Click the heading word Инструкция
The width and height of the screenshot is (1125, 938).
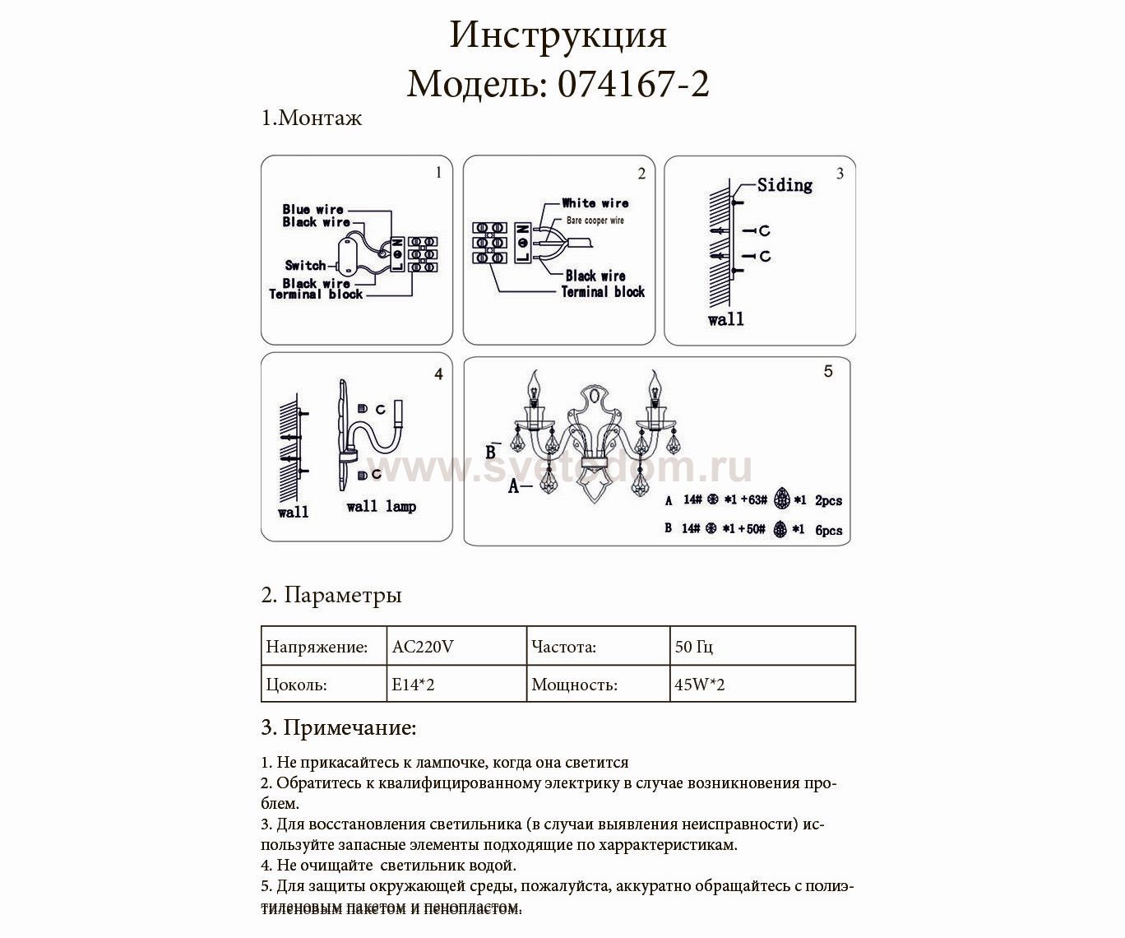pos(558,36)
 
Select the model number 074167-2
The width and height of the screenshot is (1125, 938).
pos(633,84)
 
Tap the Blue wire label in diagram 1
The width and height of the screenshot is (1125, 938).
pos(312,209)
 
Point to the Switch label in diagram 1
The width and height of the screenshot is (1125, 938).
pos(305,265)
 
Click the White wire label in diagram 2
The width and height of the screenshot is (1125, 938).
pos(595,203)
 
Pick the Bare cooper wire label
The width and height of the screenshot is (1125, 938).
pos(595,221)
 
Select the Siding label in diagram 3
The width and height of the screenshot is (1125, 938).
pos(785,185)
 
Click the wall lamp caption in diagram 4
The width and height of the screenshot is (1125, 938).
pos(381,506)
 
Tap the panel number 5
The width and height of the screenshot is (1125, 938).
pos(828,372)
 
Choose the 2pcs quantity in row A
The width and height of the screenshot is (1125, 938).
pos(828,500)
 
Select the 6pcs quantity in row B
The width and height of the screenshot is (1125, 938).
pos(828,531)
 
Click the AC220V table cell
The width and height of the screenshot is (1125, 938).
pos(423,647)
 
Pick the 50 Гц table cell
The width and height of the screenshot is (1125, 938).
pos(694,647)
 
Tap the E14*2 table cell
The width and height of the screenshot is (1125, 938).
pos(413,685)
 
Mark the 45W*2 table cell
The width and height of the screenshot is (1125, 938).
pos(699,685)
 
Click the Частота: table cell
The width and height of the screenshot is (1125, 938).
pos(564,647)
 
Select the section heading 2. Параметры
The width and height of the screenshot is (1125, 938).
pos(331,595)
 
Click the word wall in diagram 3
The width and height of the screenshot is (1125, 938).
pos(725,319)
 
